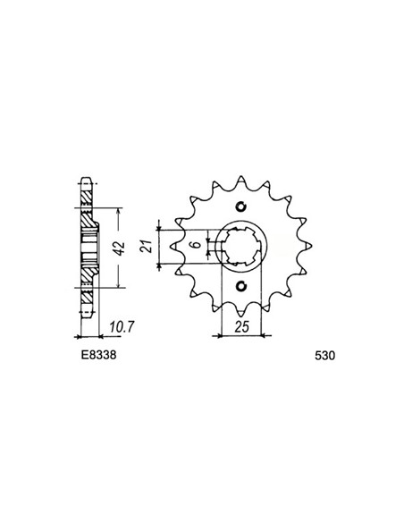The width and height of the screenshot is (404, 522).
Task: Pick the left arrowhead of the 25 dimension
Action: [216, 336]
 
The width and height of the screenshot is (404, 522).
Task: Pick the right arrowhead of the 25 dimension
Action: [261, 336]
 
